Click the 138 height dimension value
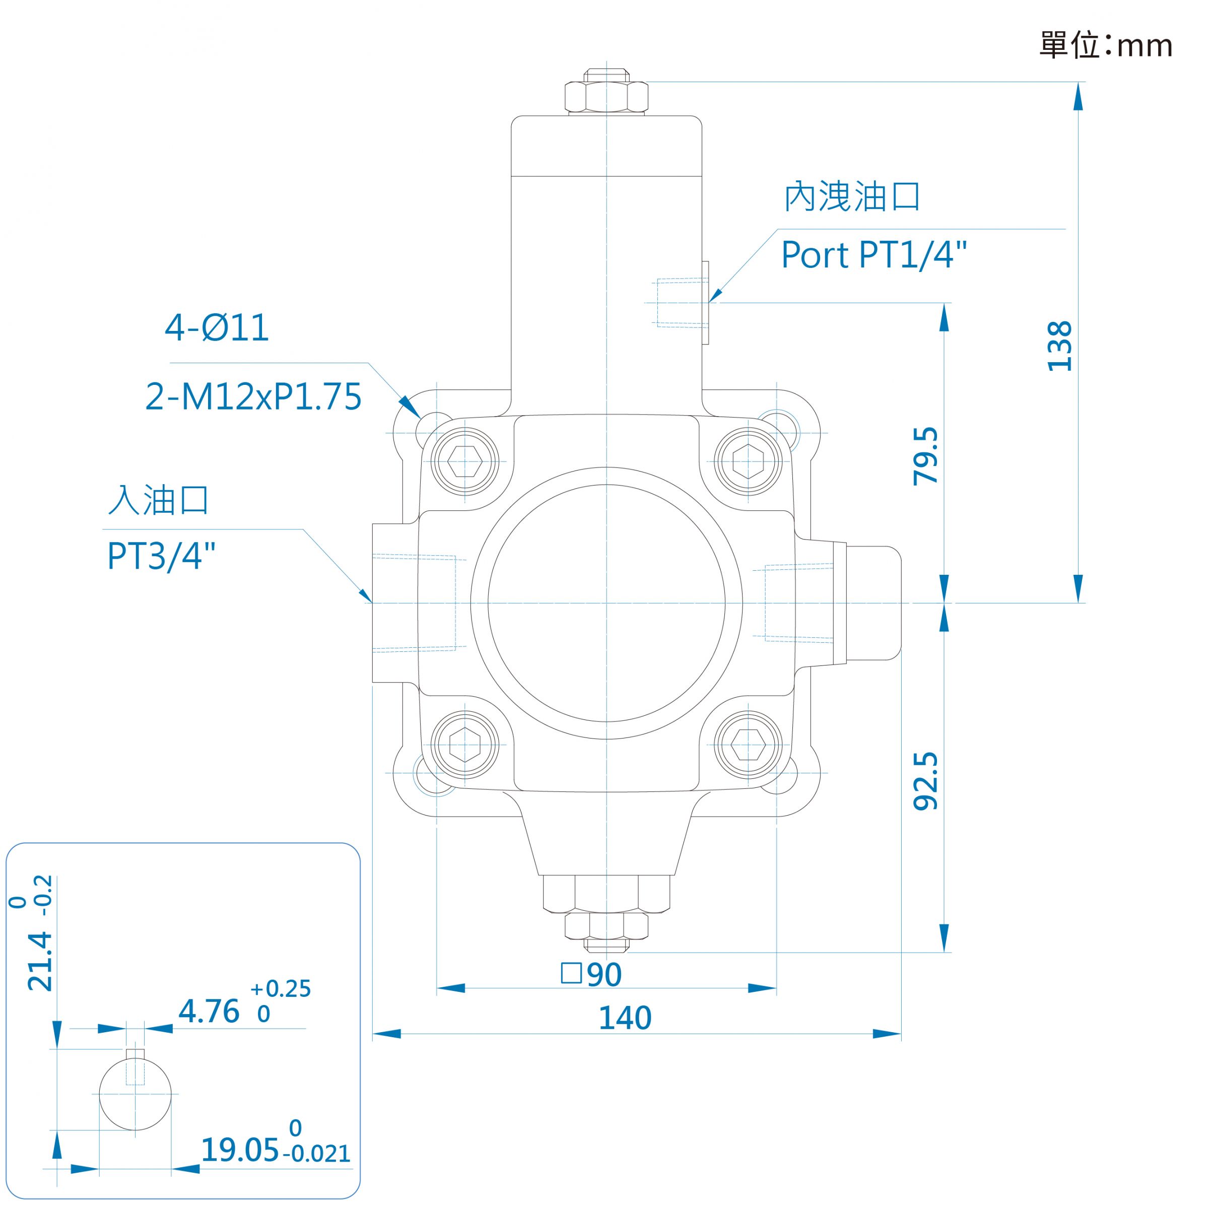pos(1060,346)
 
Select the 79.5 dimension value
pos(926,456)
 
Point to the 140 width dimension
pos(625,1018)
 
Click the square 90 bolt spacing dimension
pos(591,974)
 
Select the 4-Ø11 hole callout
pos(217,327)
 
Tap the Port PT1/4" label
pos(874,255)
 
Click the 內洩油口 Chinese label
pos(852,196)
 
